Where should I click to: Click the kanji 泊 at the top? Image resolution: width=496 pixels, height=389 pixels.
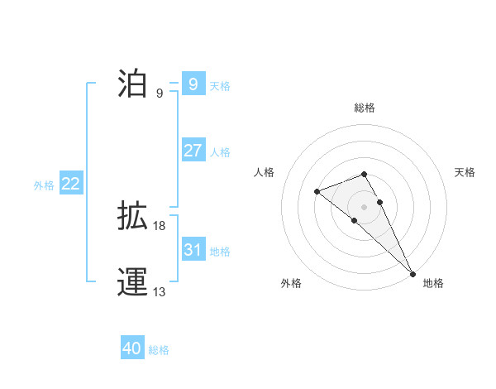pos(132,84)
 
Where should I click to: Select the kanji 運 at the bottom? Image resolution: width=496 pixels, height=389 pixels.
pos(132,282)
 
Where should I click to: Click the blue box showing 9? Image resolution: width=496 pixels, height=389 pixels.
pos(193,84)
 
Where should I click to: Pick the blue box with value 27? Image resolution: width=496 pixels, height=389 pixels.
pos(193,151)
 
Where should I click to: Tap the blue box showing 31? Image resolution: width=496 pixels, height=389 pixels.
pos(193,250)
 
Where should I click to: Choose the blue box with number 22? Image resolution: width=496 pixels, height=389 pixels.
pos(70,184)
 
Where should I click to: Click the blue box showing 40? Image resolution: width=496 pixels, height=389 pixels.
pos(132,348)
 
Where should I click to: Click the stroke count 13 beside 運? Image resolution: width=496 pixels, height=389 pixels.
pos(160,292)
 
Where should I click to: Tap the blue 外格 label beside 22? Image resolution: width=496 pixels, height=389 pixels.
pos(44,185)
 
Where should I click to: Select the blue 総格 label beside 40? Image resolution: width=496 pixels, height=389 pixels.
pos(159,350)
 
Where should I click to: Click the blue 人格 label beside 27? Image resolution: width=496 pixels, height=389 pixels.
pos(220,152)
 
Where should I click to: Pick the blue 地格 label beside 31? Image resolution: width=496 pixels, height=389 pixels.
pos(220,252)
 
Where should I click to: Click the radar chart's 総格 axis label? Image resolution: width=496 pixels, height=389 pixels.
pos(365,108)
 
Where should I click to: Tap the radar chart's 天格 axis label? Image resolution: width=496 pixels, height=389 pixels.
pos(465,172)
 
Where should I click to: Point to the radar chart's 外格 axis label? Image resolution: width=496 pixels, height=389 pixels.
pos(291,283)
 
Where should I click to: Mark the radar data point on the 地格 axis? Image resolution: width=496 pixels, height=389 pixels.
pos(412,272)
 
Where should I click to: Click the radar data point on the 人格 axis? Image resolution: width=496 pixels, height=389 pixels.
pos(317,191)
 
